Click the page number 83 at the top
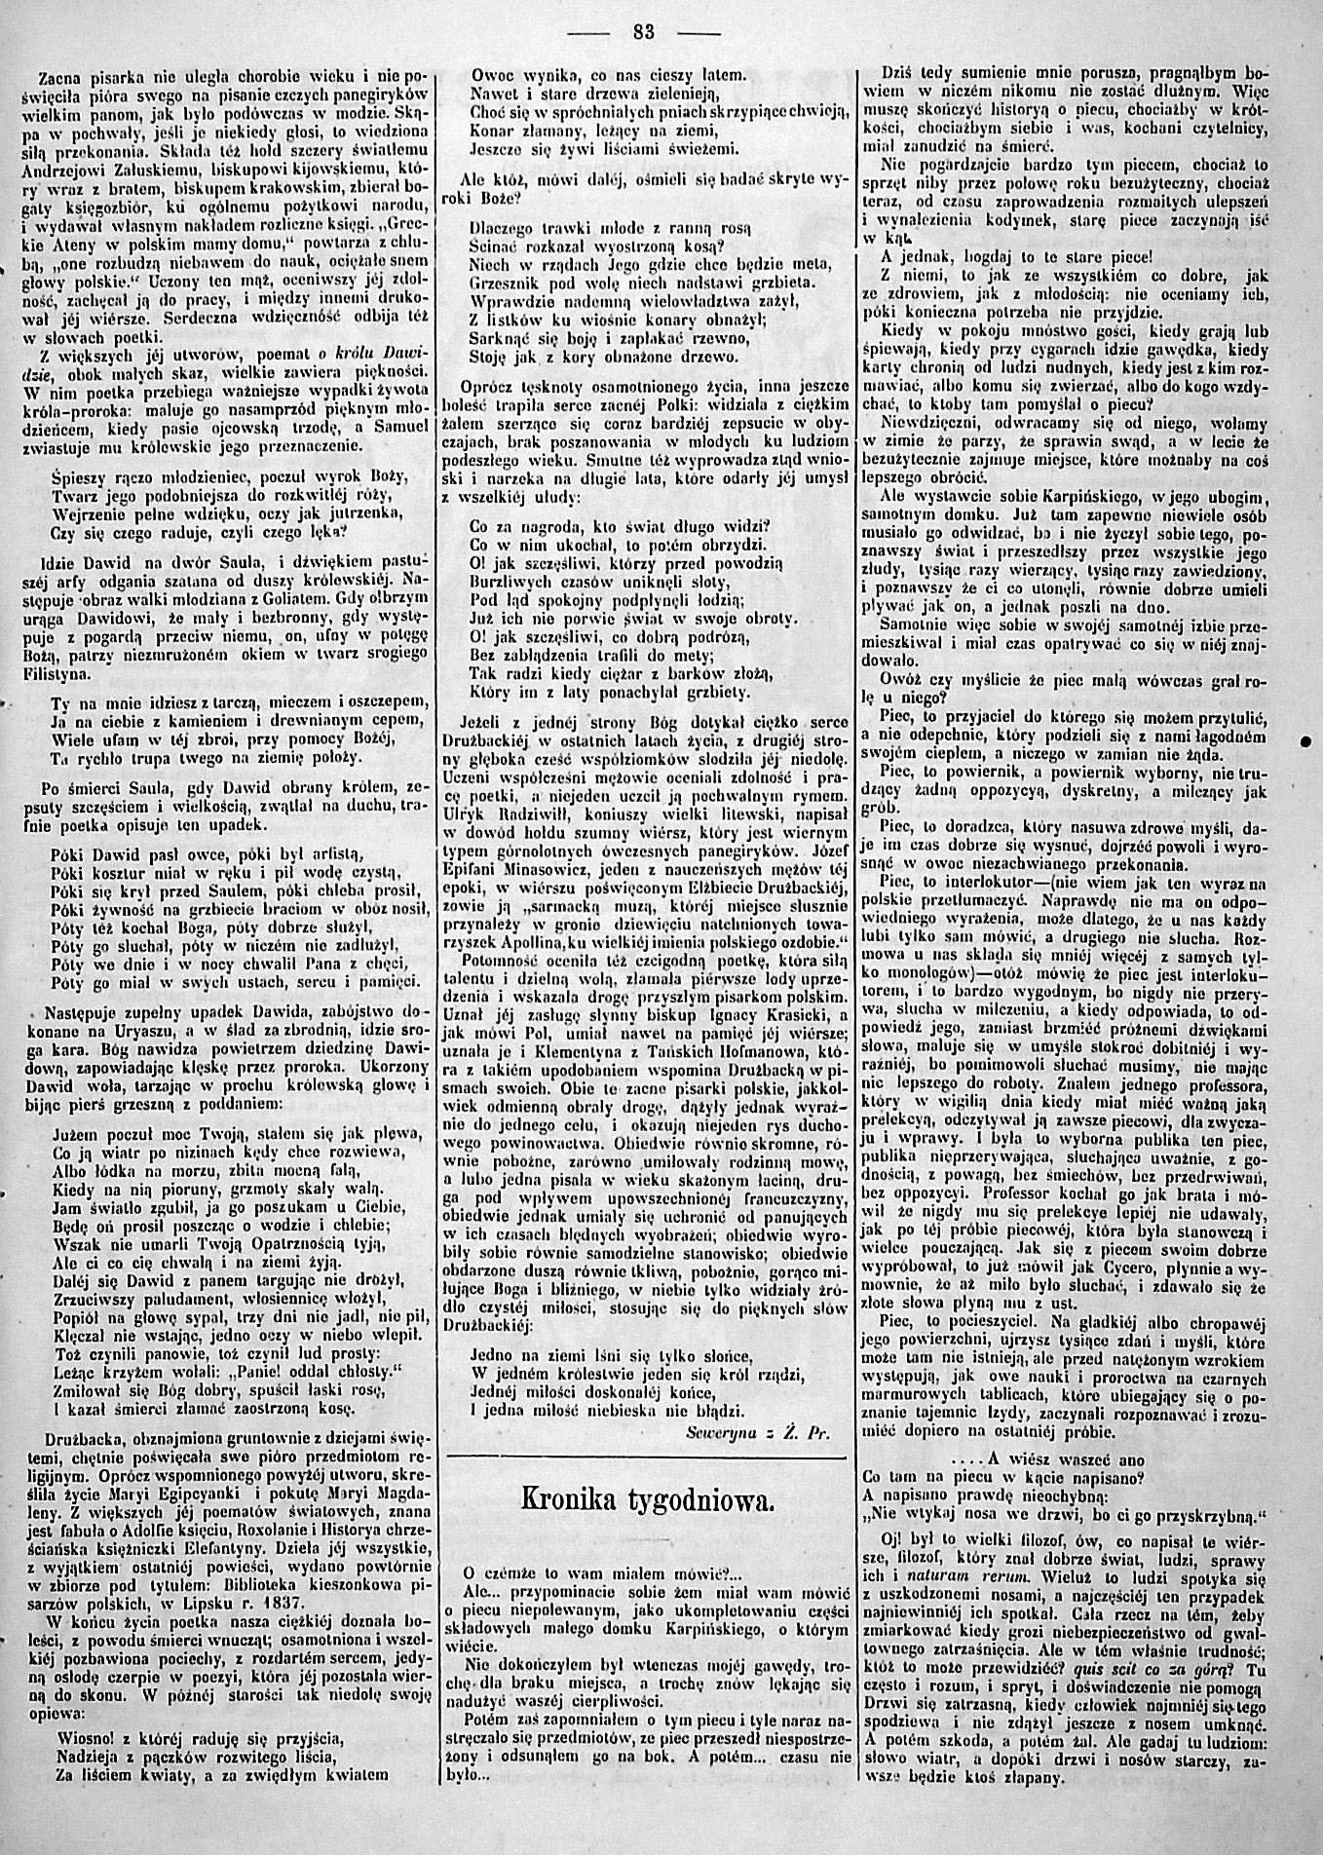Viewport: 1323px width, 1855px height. pyautogui.click(x=643, y=30)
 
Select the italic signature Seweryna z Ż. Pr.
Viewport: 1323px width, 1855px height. pyautogui.click(x=757, y=1435)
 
